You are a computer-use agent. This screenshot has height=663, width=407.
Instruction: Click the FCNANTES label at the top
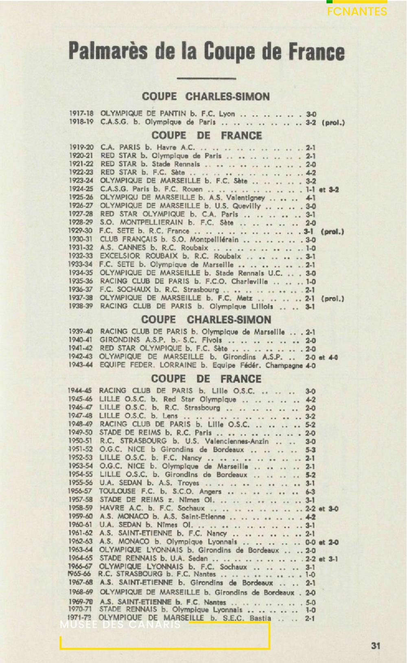click(x=357, y=11)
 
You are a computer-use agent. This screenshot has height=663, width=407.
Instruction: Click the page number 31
click(x=375, y=645)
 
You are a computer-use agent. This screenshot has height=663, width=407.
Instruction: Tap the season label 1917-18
click(x=81, y=114)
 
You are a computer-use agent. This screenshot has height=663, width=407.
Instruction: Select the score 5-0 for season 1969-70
click(x=311, y=602)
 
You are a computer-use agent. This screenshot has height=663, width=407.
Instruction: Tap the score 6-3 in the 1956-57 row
click(x=311, y=491)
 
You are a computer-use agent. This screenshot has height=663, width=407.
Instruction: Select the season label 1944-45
click(x=80, y=391)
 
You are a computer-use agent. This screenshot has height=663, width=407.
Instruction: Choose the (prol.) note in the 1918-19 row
click(x=333, y=122)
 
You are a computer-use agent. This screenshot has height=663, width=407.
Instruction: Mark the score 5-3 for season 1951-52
click(x=311, y=450)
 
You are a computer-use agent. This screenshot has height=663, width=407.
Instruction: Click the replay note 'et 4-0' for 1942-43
click(x=328, y=357)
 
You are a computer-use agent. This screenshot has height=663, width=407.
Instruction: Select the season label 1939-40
click(x=81, y=332)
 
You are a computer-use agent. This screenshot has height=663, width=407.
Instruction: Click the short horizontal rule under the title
click(x=201, y=79)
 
